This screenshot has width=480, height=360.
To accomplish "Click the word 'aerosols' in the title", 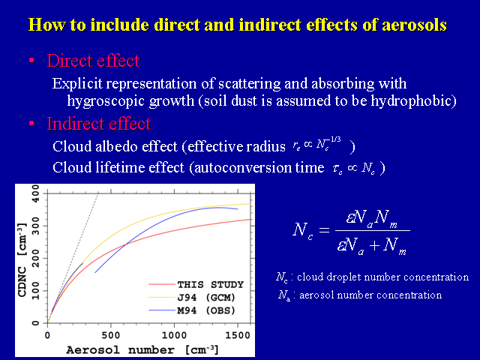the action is (x=414, y=25).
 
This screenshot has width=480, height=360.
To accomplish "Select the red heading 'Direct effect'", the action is (x=93, y=61).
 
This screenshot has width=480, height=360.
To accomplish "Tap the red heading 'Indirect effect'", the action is (x=99, y=124).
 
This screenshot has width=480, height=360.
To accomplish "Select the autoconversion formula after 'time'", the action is (x=354, y=168).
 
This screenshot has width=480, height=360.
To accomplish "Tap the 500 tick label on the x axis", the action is (x=111, y=335).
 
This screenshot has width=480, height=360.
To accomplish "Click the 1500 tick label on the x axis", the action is (x=238, y=335).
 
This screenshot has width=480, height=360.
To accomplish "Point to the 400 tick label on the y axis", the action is (x=35, y=193).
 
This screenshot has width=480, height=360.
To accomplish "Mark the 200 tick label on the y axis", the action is (x=35, y=258).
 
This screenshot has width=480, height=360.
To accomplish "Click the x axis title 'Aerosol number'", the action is (x=120, y=349).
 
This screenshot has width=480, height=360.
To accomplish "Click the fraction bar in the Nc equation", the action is (x=373, y=230).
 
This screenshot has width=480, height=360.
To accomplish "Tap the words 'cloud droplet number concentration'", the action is (x=382, y=277).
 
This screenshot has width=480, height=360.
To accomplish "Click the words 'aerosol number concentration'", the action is (x=370, y=295).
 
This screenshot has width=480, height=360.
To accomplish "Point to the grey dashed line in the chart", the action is (x=73, y=258).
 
